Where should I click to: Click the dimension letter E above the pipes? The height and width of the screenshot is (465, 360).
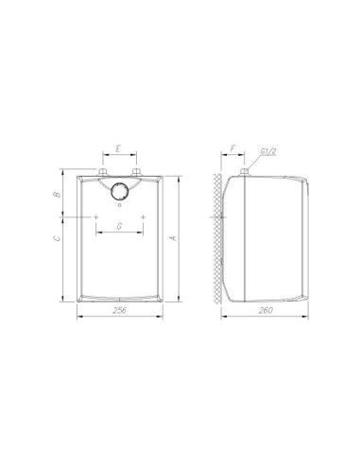118,149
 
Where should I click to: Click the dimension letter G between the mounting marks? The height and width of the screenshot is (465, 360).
118,226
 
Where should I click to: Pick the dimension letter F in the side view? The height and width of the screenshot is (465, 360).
232,149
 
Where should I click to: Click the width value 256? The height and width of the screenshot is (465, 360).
118,311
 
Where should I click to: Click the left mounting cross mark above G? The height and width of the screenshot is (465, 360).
96,216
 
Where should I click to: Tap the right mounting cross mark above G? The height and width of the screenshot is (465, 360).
141,216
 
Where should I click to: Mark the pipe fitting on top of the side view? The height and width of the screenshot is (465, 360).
244,171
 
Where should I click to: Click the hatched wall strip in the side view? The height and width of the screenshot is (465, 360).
217,236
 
